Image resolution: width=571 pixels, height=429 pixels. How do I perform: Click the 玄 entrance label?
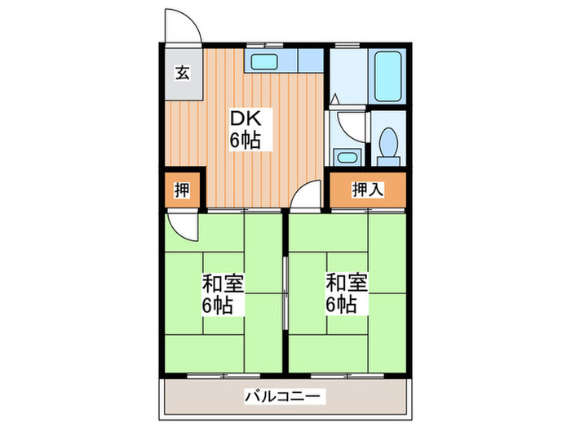pyautogui.click(x=181, y=73)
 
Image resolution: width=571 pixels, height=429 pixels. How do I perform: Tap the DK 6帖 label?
pyautogui.click(x=245, y=129)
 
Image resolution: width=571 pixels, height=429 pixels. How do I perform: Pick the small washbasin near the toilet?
pyautogui.click(x=347, y=156)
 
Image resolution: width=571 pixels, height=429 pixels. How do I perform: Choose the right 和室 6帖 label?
pyautogui.click(x=346, y=295)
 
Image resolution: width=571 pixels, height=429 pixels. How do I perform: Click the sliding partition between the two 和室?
pyautogui.click(x=285, y=282)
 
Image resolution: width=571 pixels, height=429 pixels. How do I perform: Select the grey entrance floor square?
pyautogui.click(x=181, y=73)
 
